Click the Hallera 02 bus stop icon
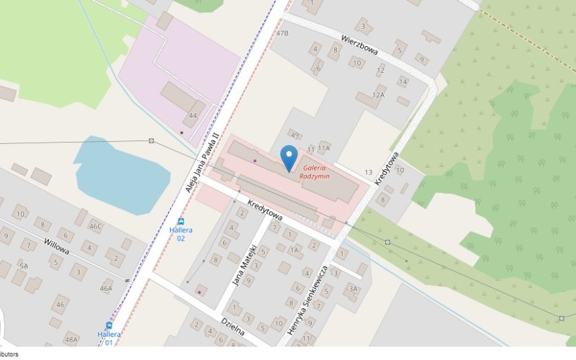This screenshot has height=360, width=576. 181,222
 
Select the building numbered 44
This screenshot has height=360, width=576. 192,115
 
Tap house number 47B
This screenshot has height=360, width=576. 282,33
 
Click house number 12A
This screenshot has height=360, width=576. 378,95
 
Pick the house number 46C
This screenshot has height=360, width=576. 95,226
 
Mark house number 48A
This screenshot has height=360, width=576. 71,338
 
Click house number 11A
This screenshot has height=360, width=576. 323,148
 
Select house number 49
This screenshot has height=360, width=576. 294,135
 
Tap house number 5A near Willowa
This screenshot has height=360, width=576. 24,266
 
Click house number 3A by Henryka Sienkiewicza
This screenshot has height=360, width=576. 351,289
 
